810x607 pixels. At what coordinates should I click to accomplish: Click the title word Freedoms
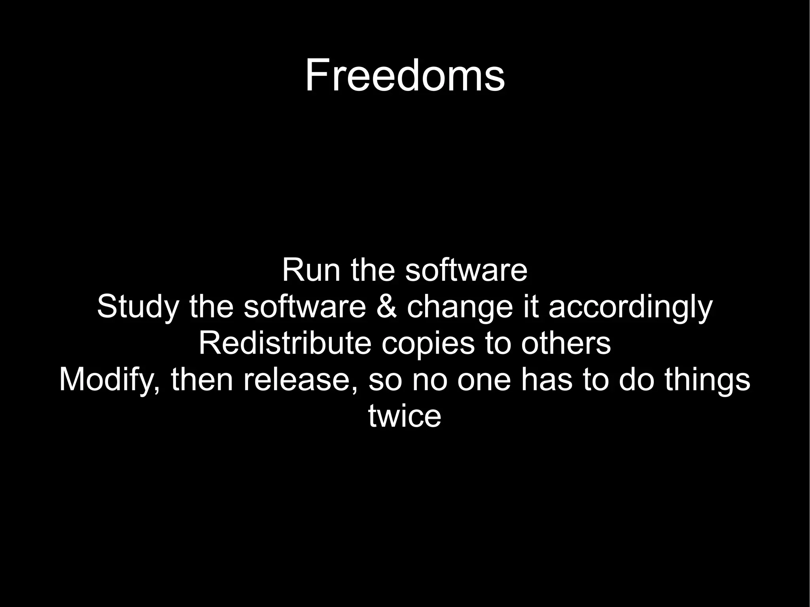pyautogui.click(x=405, y=75)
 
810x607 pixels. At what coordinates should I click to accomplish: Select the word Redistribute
pyautogui.click(x=285, y=343)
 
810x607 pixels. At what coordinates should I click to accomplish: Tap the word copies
pyautogui.click(x=428, y=343)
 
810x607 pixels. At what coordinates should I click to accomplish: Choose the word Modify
pyautogui.click(x=109, y=380)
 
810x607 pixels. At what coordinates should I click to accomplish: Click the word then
pyautogui.click(x=202, y=380)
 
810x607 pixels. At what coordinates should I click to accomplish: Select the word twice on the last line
pyautogui.click(x=405, y=416)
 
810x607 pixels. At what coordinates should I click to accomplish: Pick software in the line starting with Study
pyautogui.click(x=305, y=307)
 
